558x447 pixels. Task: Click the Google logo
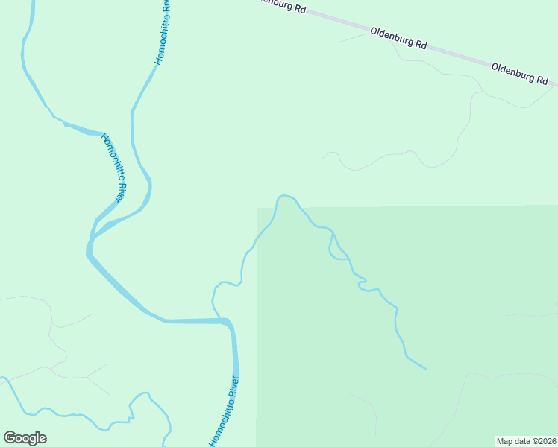[25, 438]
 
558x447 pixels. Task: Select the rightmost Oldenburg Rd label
[520, 73]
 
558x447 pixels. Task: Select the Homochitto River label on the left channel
[112, 167]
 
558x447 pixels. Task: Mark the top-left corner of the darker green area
[258, 208]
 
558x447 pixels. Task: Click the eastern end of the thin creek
[426, 368]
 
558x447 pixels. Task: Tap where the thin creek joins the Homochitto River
[220, 319]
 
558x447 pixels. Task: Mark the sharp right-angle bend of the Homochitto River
[228, 322]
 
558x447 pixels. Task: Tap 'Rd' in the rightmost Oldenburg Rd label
[543, 80]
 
